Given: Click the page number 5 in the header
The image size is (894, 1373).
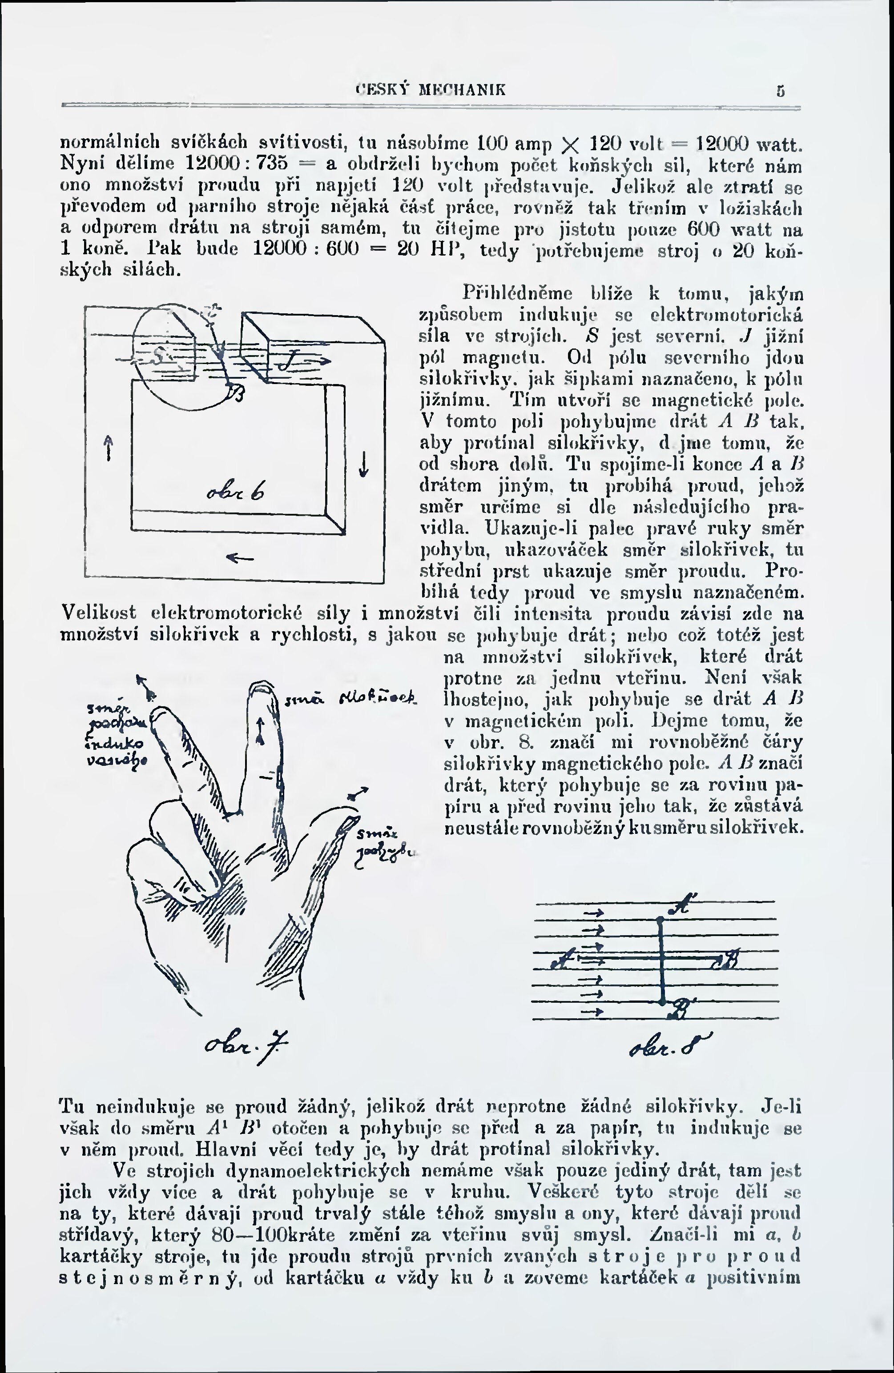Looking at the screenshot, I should pos(781,91).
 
